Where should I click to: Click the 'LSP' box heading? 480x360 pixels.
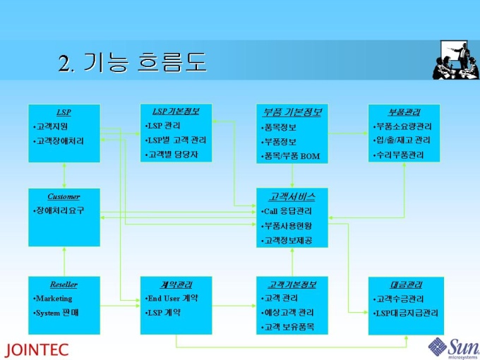tap(64, 112)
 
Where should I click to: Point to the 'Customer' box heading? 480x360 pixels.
tap(64, 197)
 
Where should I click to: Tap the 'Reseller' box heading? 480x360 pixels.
tap(64, 284)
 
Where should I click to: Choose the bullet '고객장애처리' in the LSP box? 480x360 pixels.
tap(59, 141)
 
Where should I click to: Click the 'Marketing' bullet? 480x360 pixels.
tap(54, 299)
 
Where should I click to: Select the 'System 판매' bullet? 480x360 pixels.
tap(56, 312)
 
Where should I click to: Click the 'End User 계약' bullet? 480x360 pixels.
tap(172, 299)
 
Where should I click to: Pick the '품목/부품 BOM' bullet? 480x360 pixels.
tap(291, 155)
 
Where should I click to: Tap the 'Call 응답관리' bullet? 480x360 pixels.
tap(287, 211)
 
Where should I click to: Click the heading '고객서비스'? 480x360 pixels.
tap(292, 197)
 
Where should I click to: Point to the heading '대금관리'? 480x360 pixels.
tap(406, 285)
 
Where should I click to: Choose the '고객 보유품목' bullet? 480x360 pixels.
tap(288, 327)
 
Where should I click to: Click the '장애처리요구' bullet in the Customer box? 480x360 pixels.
tap(59, 211)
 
